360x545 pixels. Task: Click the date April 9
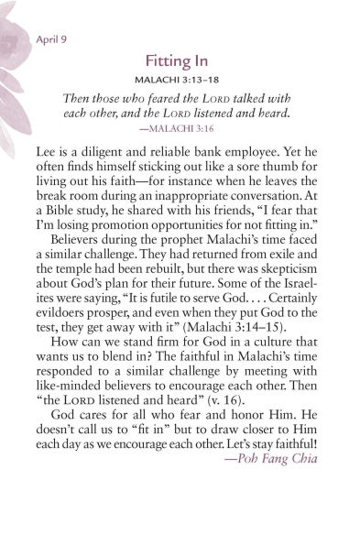53,39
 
